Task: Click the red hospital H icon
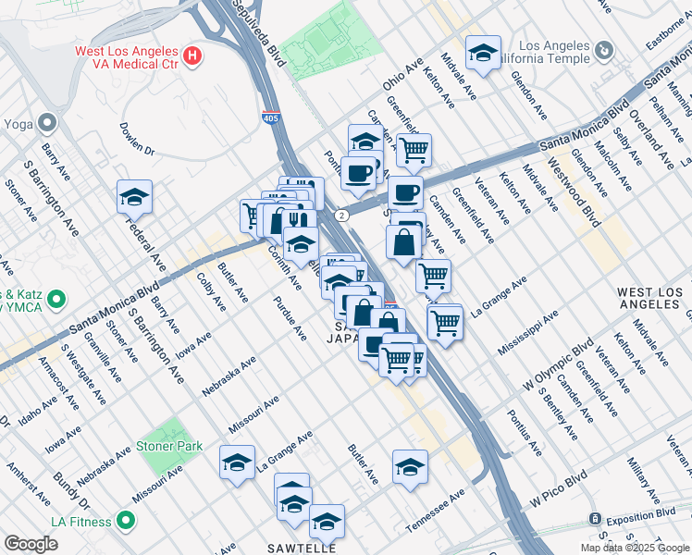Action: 192,56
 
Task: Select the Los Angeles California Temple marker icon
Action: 604,49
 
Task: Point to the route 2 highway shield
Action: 341,216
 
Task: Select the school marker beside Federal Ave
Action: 134,197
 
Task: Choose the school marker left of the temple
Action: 482,53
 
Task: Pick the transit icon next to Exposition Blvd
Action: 597,519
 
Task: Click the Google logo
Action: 31,543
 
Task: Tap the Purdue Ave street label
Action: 290,317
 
